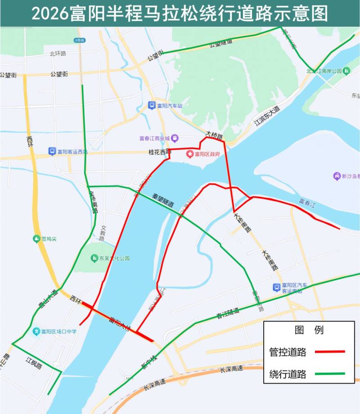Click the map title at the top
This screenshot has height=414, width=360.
point(180,13)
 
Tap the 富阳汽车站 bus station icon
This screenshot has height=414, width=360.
point(152,106)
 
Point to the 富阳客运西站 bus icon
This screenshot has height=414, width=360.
point(52,151)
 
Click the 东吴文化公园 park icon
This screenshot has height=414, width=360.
point(94,258)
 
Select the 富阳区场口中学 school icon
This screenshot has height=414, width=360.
point(36,332)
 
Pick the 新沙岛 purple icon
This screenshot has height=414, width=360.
point(336,176)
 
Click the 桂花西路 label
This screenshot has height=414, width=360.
point(160,152)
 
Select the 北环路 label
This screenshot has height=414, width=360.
point(58,53)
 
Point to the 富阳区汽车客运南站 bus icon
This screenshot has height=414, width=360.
point(276,287)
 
